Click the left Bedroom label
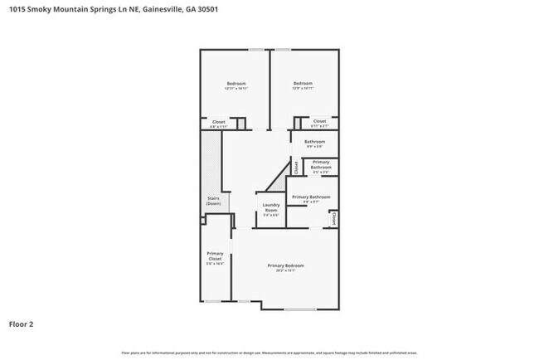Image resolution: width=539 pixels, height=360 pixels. (x=236, y=83)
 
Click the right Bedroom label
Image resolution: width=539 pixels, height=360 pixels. (x=303, y=83)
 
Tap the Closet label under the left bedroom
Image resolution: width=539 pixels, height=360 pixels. (x=218, y=121)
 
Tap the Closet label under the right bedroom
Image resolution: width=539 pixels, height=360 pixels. (x=319, y=121)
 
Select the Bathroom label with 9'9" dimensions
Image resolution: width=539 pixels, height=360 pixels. (x=314, y=142)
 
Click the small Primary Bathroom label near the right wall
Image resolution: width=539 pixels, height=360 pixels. (x=321, y=165)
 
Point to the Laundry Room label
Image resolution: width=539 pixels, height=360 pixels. (x=271, y=207)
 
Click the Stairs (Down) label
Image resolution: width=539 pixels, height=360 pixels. (x=213, y=201)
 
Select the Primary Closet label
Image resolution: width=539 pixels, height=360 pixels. (x=215, y=256)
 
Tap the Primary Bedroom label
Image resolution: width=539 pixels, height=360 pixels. (x=285, y=265)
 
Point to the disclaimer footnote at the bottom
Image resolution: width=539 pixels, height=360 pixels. (x=269, y=353)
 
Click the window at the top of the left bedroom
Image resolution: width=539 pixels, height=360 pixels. (x=257, y=50)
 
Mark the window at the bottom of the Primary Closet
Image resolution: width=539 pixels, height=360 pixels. (x=213, y=301)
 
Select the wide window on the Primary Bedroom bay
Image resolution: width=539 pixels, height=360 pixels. (x=299, y=309)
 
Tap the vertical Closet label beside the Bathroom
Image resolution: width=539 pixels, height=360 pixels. (x=296, y=165)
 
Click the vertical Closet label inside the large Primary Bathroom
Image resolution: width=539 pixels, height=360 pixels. (x=333, y=218)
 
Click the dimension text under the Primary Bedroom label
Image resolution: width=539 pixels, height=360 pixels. (x=285, y=270)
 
